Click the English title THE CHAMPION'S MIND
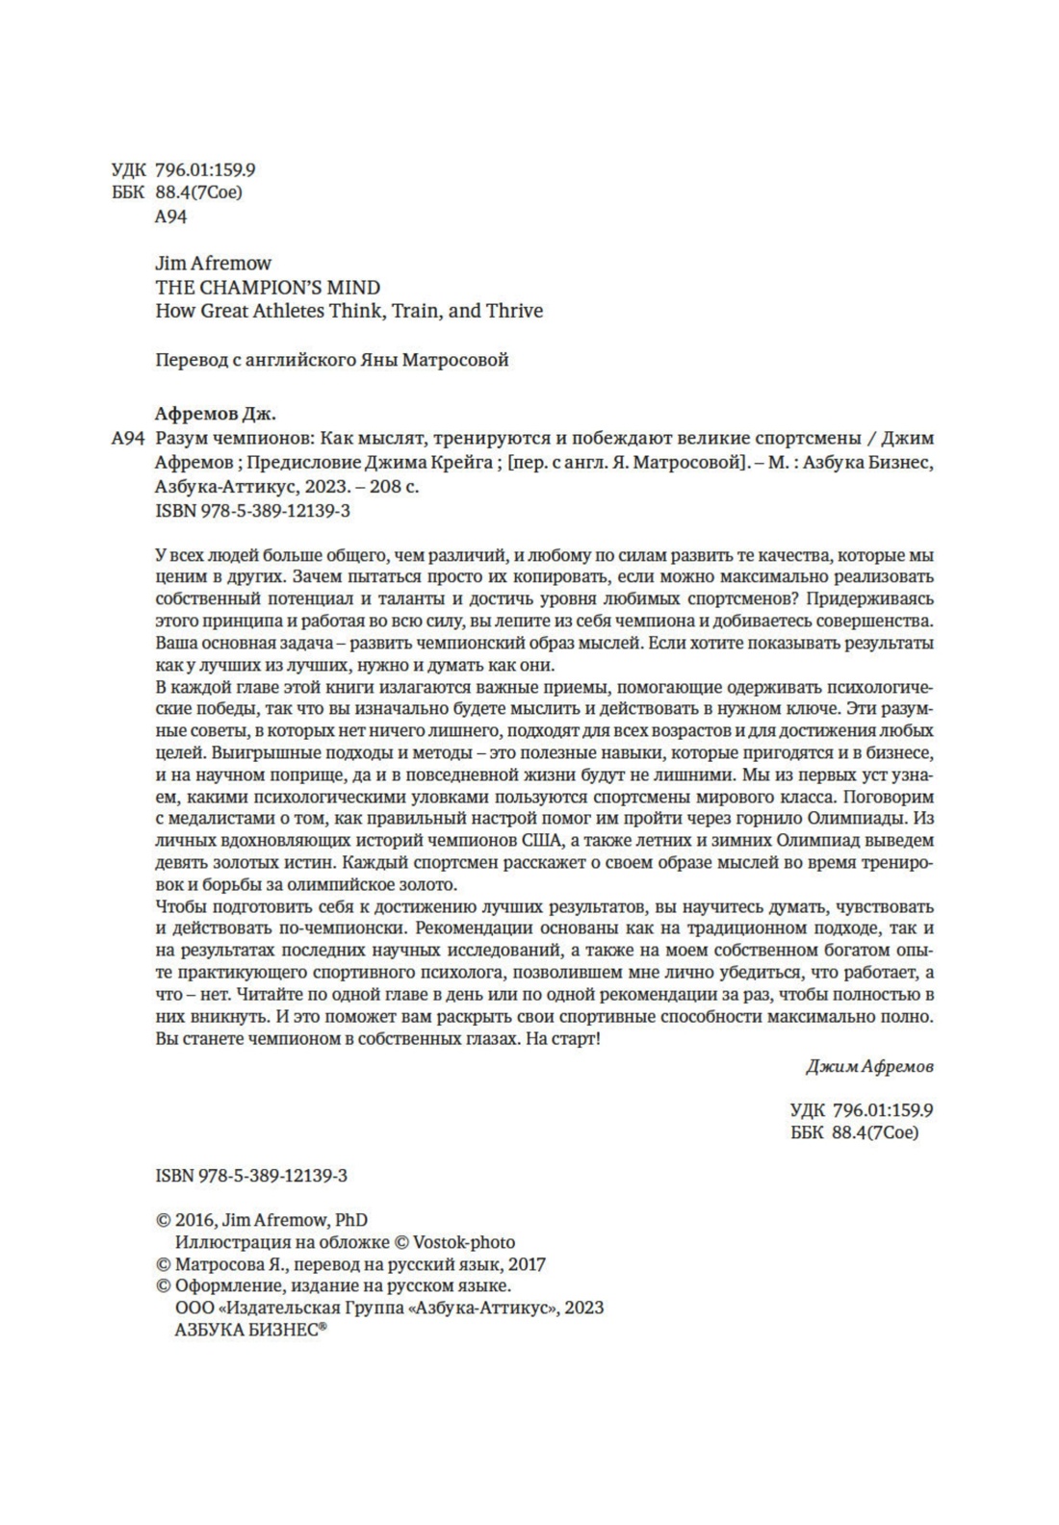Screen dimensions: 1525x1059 pyautogui.click(x=268, y=287)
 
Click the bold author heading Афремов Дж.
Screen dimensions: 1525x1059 pyautogui.click(x=215, y=414)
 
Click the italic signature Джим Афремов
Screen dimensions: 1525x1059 pyautogui.click(x=868, y=1067)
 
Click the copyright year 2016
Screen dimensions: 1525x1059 pyautogui.click(x=194, y=1220)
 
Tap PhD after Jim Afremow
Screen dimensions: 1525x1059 pyautogui.click(x=351, y=1220)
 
